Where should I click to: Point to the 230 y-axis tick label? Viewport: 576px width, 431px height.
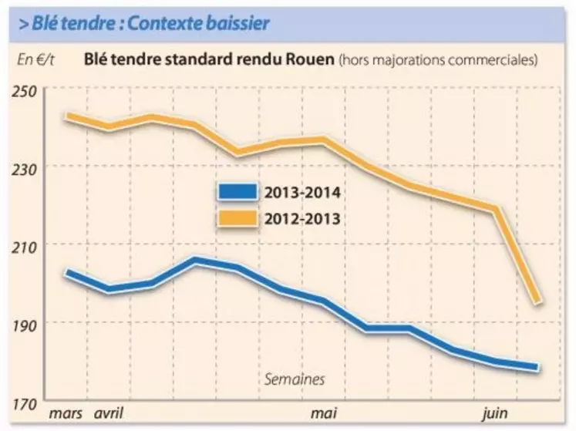click(26, 167)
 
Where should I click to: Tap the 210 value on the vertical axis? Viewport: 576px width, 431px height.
click(26, 244)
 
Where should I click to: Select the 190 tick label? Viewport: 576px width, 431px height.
click(26, 322)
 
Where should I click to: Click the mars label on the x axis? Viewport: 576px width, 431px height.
click(66, 414)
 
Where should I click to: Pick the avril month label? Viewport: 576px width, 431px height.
click(109, 414)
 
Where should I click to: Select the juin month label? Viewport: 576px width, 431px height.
click(495, 414)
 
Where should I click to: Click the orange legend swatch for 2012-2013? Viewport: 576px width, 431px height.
click(237, 218)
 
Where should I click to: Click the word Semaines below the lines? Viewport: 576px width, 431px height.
click(295, 379)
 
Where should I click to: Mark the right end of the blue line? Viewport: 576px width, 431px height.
click(537, 368)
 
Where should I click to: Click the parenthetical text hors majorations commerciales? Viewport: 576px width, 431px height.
click(438, 60)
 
